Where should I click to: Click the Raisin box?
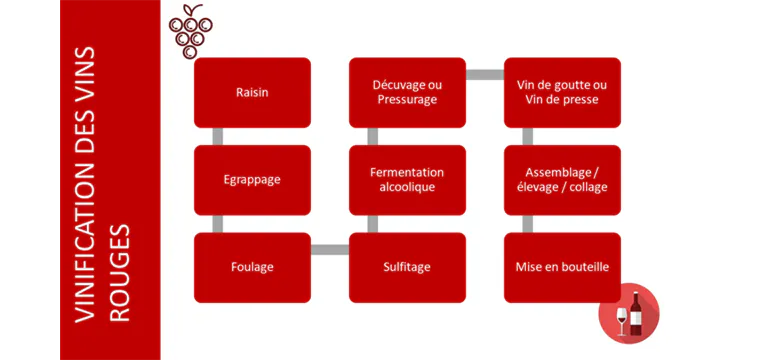252,92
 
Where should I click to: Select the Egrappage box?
252,180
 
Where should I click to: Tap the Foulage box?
252,267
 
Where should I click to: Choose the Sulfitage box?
407,267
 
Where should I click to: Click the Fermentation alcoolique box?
407,180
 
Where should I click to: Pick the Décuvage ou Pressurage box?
407,92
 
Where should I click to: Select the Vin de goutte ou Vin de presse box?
562,92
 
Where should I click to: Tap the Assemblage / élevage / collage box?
562,180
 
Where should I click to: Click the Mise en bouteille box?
562,267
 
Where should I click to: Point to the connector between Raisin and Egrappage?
218,136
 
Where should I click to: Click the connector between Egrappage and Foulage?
218,223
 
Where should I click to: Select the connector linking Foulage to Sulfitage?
329,248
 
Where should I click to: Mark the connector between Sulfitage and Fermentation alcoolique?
373,223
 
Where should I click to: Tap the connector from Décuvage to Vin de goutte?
484,74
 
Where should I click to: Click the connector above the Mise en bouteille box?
528,223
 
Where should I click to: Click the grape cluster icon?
189,34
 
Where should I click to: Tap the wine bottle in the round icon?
635,313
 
